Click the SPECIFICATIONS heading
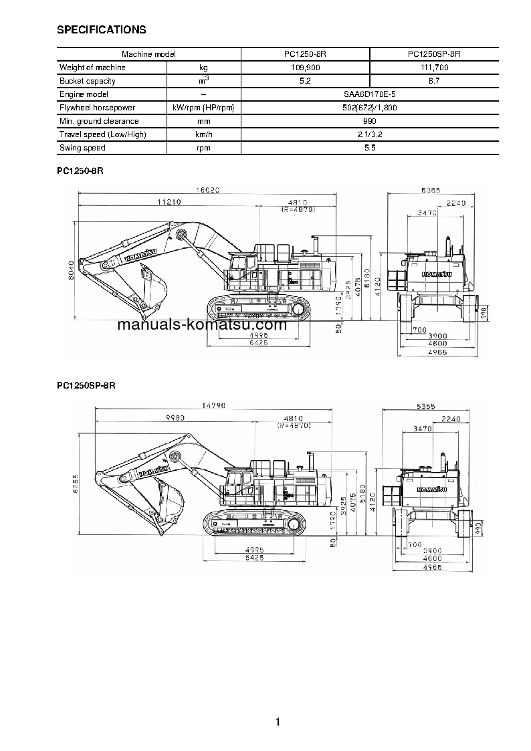coord(102,29)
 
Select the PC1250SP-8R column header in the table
coord(433,54)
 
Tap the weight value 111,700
coord(433,68)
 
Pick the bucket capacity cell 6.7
coord(433,81)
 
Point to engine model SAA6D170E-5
coord(369,94)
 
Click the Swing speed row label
coord(83,148)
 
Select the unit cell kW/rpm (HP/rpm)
coord(203,108)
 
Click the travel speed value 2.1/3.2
coord(369,134)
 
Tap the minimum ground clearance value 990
coord(369,121)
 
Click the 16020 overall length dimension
coord(208,190)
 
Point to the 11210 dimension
coord(169,202)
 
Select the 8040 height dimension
coord(71,272)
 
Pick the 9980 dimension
coord(175,418)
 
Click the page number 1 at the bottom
coord(277,722)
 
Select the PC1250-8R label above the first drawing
coord(80,171)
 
